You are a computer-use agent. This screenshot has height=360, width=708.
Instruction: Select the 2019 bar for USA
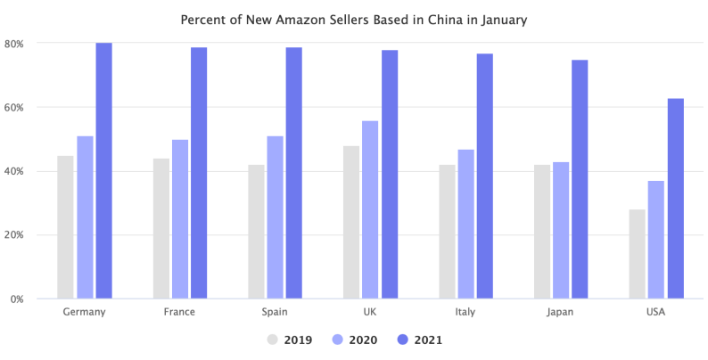point(637,254)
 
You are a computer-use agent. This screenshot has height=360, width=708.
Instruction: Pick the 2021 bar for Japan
point(580,179)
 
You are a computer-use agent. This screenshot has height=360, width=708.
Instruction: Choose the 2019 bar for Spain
point(256,232)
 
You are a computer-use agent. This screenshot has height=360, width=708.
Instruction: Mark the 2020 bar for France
point(180,219)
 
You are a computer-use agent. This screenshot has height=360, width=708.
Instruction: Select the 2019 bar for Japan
point(542,232)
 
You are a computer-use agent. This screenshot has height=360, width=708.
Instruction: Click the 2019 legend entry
point(289,340)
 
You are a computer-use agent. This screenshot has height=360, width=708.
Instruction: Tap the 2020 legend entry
point(355,340)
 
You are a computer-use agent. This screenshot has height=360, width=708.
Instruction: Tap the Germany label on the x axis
point(85,313)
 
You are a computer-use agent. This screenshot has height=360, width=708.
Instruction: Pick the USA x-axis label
point(655,313)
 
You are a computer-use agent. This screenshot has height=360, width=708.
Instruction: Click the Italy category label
point(465,313)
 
